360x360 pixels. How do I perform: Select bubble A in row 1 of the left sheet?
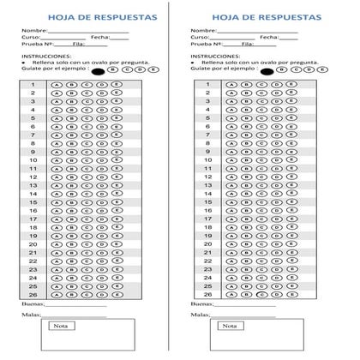[57, 85]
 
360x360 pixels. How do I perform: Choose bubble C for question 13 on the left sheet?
[88, 184]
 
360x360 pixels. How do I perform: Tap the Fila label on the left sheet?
[79, 45]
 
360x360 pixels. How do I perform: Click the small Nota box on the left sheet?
[60, 326]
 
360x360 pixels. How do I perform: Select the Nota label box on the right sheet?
[228, 326]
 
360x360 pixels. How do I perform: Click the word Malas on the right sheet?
[198, 315]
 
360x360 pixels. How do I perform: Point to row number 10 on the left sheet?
[33, 159]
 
